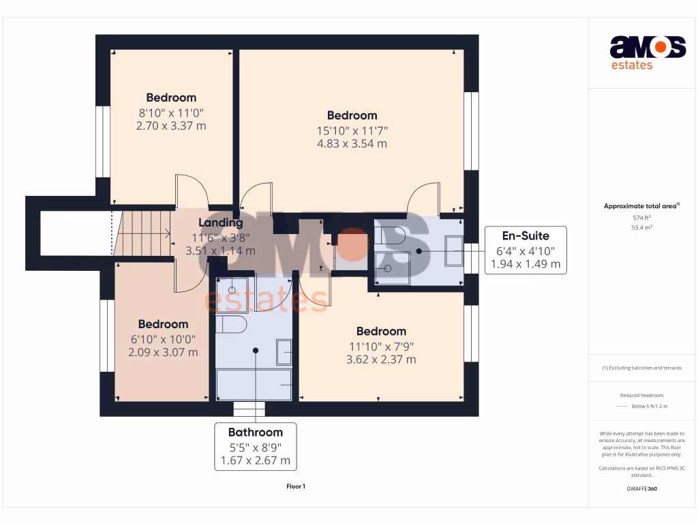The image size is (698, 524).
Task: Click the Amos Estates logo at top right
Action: [x=647, y=52]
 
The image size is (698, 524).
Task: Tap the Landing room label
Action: [x=220, y=222]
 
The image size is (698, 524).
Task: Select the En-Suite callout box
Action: [x=525, y=250]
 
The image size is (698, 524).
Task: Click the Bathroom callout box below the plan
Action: [x=255, y=446]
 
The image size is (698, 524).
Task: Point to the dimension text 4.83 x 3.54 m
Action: [x=352, y=144]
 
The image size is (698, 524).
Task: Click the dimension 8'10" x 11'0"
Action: [x=171, y=113]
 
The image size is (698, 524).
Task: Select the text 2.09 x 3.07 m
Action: [x=163, y=353]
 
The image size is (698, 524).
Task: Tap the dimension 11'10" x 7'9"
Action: [x=381, y=346]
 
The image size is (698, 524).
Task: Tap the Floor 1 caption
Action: [x=295, y=486]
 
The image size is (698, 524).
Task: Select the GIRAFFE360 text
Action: [x=641, y=489]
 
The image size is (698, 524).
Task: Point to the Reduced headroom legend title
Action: [x=641, y=395]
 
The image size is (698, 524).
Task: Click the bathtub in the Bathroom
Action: [x=254, y=385]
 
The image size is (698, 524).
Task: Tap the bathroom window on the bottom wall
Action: [x=249, y=409]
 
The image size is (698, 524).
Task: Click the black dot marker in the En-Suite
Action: [x=419, y=251]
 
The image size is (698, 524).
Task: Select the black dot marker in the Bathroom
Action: [x=256, y=351]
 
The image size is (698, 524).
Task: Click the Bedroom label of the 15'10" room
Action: [x=352, y=115]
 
